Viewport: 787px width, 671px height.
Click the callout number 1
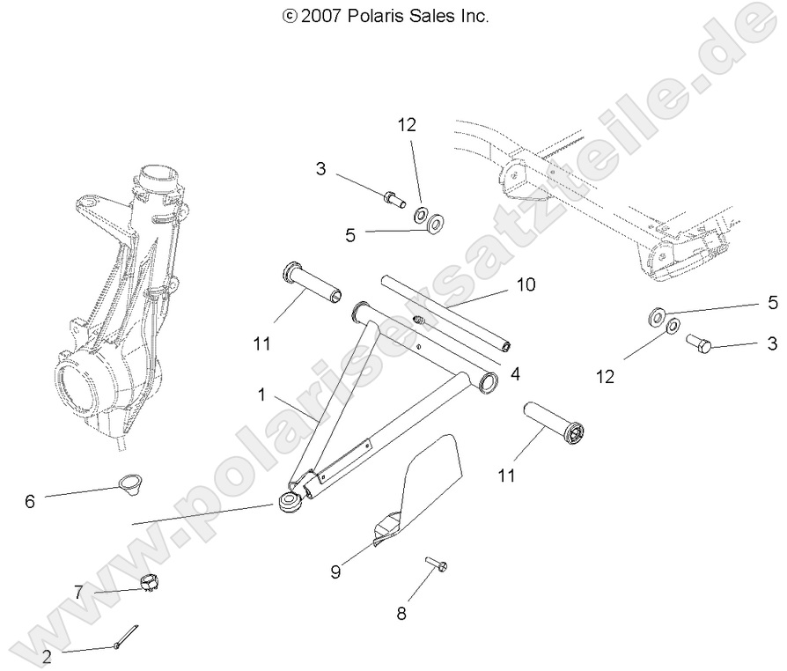pyautogui.click(x=261, y=396)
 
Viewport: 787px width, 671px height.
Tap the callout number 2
pyautogui.click(x=47, y=655)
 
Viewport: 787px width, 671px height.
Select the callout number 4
pyautogui.click(x=515, y=373)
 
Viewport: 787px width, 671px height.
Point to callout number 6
pyautogui.click(x=29, y=501)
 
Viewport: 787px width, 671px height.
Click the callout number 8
pyautogui.click(x=401, y=614)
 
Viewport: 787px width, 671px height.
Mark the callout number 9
pyautogui.click(x=336, y=571)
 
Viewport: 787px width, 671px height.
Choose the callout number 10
pyautogui.click(x=526, y=284)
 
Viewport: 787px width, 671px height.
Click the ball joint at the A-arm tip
pyautogui.click(x=289, y=505)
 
